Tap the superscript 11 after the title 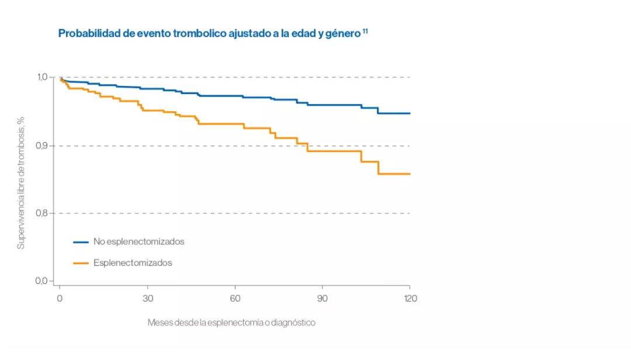(365, 30)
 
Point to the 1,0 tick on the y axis (46, 77)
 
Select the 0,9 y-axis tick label (46, 146)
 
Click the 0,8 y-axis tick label (46, 213)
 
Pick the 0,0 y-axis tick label (46, 281)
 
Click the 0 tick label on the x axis (59, 299)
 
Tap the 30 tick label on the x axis (147, 299)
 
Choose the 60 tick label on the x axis (235, 299)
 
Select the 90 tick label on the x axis (323, 299)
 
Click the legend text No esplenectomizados (138, 241)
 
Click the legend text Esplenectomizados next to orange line (133, 263)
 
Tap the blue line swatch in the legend (81, 241)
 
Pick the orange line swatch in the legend (81, 263)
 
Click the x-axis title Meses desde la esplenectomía (231, 323)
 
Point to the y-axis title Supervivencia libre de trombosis (21, 182)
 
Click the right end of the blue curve (409, 113)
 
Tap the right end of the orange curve (409, 174)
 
